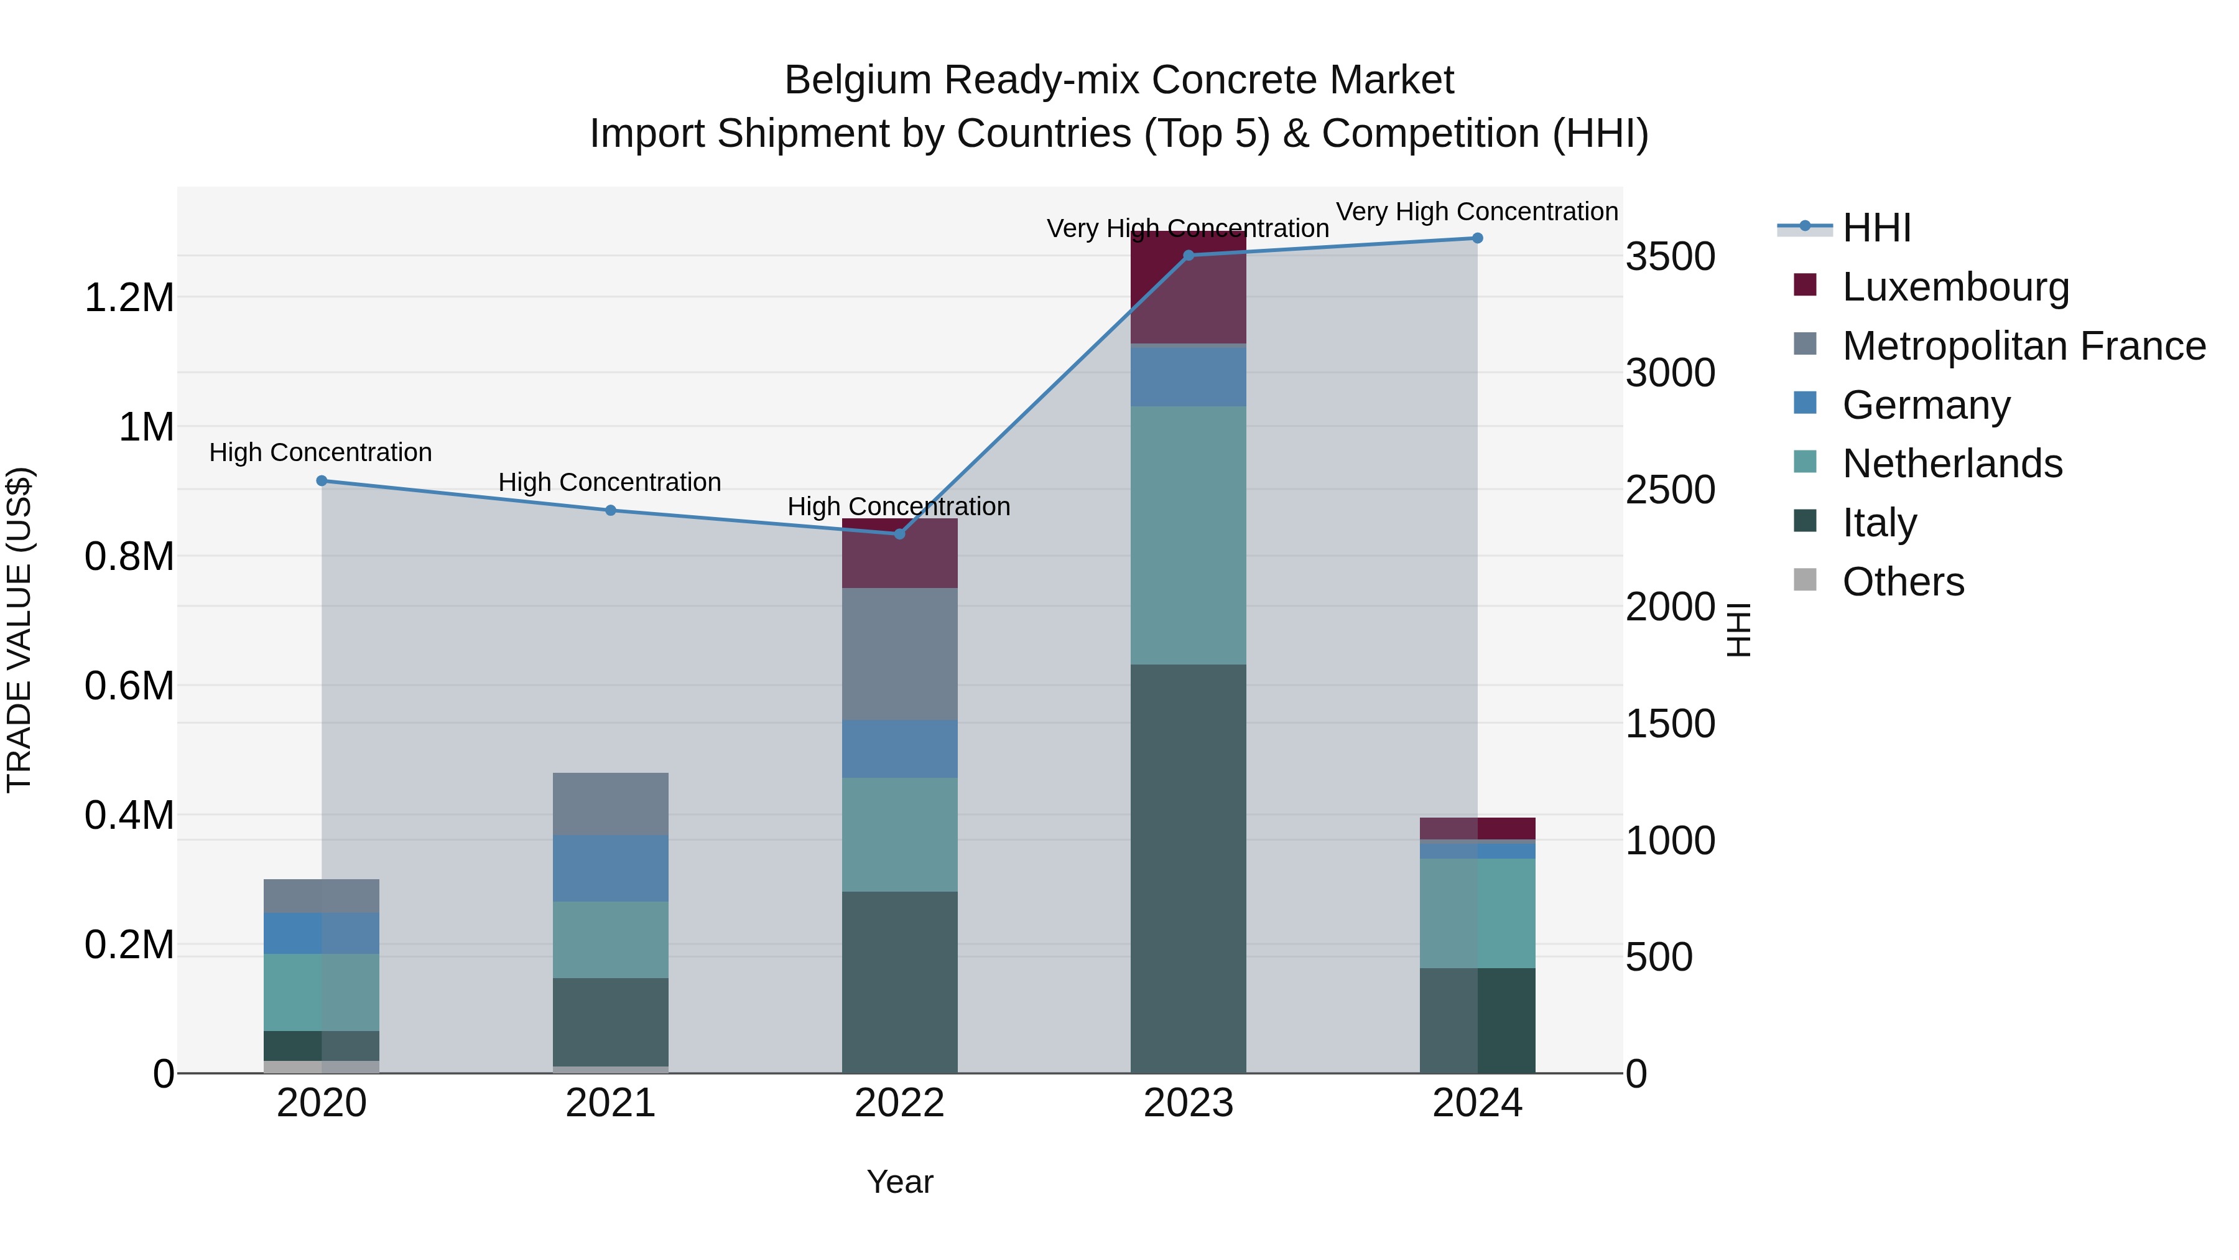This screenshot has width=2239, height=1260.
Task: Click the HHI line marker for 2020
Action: click(x=322, y=481)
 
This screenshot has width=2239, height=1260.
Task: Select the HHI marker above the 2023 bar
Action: click(x=1188, y=256)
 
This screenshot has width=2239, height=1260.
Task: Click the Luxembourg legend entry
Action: click(x=1955, y=287)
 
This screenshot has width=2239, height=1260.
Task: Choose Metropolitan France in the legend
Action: click(x=2023, y=346)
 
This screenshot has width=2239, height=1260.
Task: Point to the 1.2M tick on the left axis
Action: click(x=129, y=298)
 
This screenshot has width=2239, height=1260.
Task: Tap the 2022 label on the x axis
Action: click(x=899, y=1103)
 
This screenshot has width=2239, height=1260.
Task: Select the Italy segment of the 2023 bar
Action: click(x=1188, y=870)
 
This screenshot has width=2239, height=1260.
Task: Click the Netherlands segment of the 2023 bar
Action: click(x=1188, y=534)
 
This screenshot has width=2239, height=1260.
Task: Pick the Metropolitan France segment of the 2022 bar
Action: click(x=899, y=654)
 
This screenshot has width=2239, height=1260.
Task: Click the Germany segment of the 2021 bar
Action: click(x=610, y=868)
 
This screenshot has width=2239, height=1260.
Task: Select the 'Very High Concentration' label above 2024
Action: click(x=1476, y=212)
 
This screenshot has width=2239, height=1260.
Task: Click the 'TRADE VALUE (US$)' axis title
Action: click(x=19, y=630)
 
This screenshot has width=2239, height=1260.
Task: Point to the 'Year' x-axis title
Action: click(x=899, y=1182)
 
